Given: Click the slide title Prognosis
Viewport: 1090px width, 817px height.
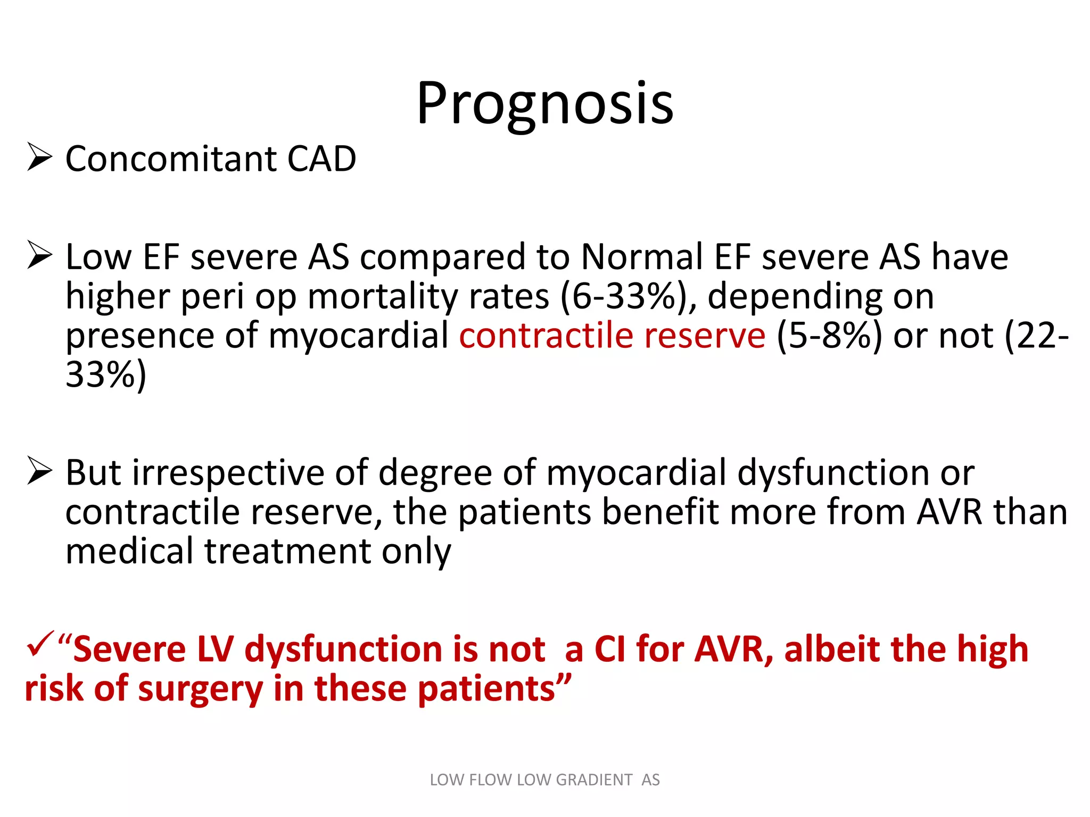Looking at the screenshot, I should pos(544,104).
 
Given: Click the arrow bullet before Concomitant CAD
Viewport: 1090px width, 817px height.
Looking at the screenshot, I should pos(39,157).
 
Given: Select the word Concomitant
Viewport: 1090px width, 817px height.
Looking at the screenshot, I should pos(170,159).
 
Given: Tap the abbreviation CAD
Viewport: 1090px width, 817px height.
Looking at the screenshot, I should pos(321,159).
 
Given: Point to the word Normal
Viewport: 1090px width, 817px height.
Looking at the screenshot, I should pos(642,257).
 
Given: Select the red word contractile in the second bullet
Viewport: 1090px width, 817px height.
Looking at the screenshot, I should pos(546,336).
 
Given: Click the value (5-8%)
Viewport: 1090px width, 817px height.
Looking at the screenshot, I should pos(829,336).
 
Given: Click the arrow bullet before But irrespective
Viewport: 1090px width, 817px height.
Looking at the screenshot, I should pos(39,471).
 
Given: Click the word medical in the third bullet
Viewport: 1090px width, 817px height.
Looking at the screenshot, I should pos(129,552).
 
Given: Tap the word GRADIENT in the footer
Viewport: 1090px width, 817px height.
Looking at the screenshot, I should pos(594,780).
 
